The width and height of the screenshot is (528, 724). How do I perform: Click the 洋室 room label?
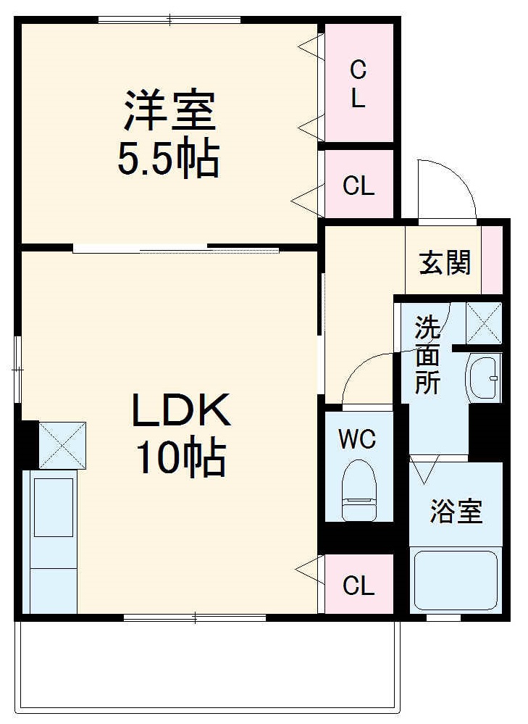pos(168,109)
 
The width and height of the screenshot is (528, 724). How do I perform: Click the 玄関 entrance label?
pos(445,262)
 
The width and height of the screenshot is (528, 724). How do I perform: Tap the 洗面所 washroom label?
pos(427,355)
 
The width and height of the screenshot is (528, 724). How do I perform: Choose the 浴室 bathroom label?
pos(456,512)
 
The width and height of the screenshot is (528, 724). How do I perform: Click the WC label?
pos(358,439)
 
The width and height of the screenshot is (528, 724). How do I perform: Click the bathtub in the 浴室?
pos(456,581)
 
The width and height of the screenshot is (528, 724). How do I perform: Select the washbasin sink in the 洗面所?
pos(484,377)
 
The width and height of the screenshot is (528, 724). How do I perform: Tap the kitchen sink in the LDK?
pos(53,507)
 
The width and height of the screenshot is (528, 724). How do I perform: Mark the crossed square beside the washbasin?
pos(484,322)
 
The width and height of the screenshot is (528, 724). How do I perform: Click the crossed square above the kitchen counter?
pos(62,444)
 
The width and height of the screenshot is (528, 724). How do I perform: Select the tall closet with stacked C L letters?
pos(359,83)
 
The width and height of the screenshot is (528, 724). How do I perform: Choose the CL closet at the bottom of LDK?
pos(359,585)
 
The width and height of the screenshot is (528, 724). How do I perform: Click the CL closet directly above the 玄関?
pos(359,185)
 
